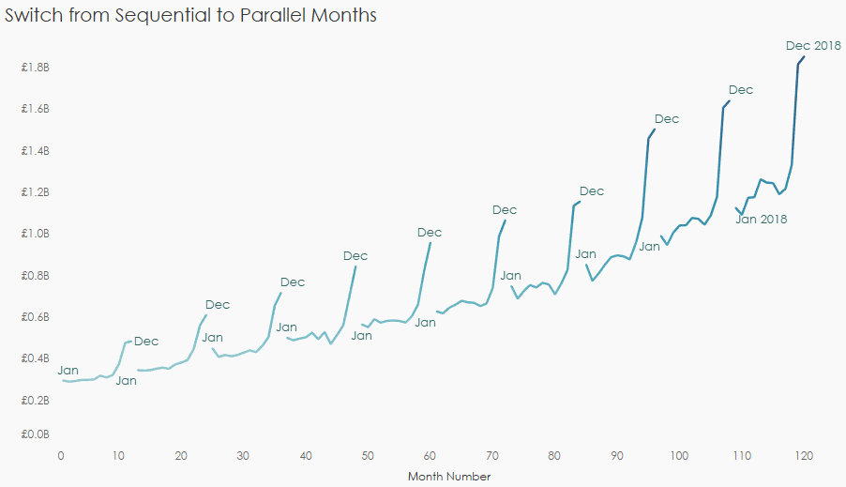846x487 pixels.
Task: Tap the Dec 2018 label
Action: pyautogui.click(x=813, y=45)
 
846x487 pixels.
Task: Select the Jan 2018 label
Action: pyautogui.click(x=761, y=220)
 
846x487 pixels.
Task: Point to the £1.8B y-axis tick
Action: pyautogui.click(x=36, y=68)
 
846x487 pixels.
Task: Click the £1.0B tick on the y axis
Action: pyautogui.click(x=36, y=234)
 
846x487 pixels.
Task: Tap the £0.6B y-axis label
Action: pyautogui.click(x=36, y=317)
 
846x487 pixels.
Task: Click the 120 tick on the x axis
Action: pyautogui.click(x=803, y=455)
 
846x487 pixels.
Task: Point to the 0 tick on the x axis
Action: pyautogui.click(x=61, y=455)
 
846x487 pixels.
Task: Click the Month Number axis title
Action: pyautogui.click(x=449, y=477)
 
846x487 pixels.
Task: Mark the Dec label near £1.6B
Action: pyautogui.click(x=741, y=90)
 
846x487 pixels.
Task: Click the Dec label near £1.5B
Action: pyautogui.click(x=666, y=119)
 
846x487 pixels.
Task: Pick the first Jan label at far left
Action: pyautogui.click(x=68, y=371)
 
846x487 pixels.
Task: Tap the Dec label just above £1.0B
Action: pyautogui.click(x=505, y=210)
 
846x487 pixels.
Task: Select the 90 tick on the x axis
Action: pyautogui.click(x=617, y=455)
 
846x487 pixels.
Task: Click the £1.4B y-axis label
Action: pyautogui.click(x=36, y=151)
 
